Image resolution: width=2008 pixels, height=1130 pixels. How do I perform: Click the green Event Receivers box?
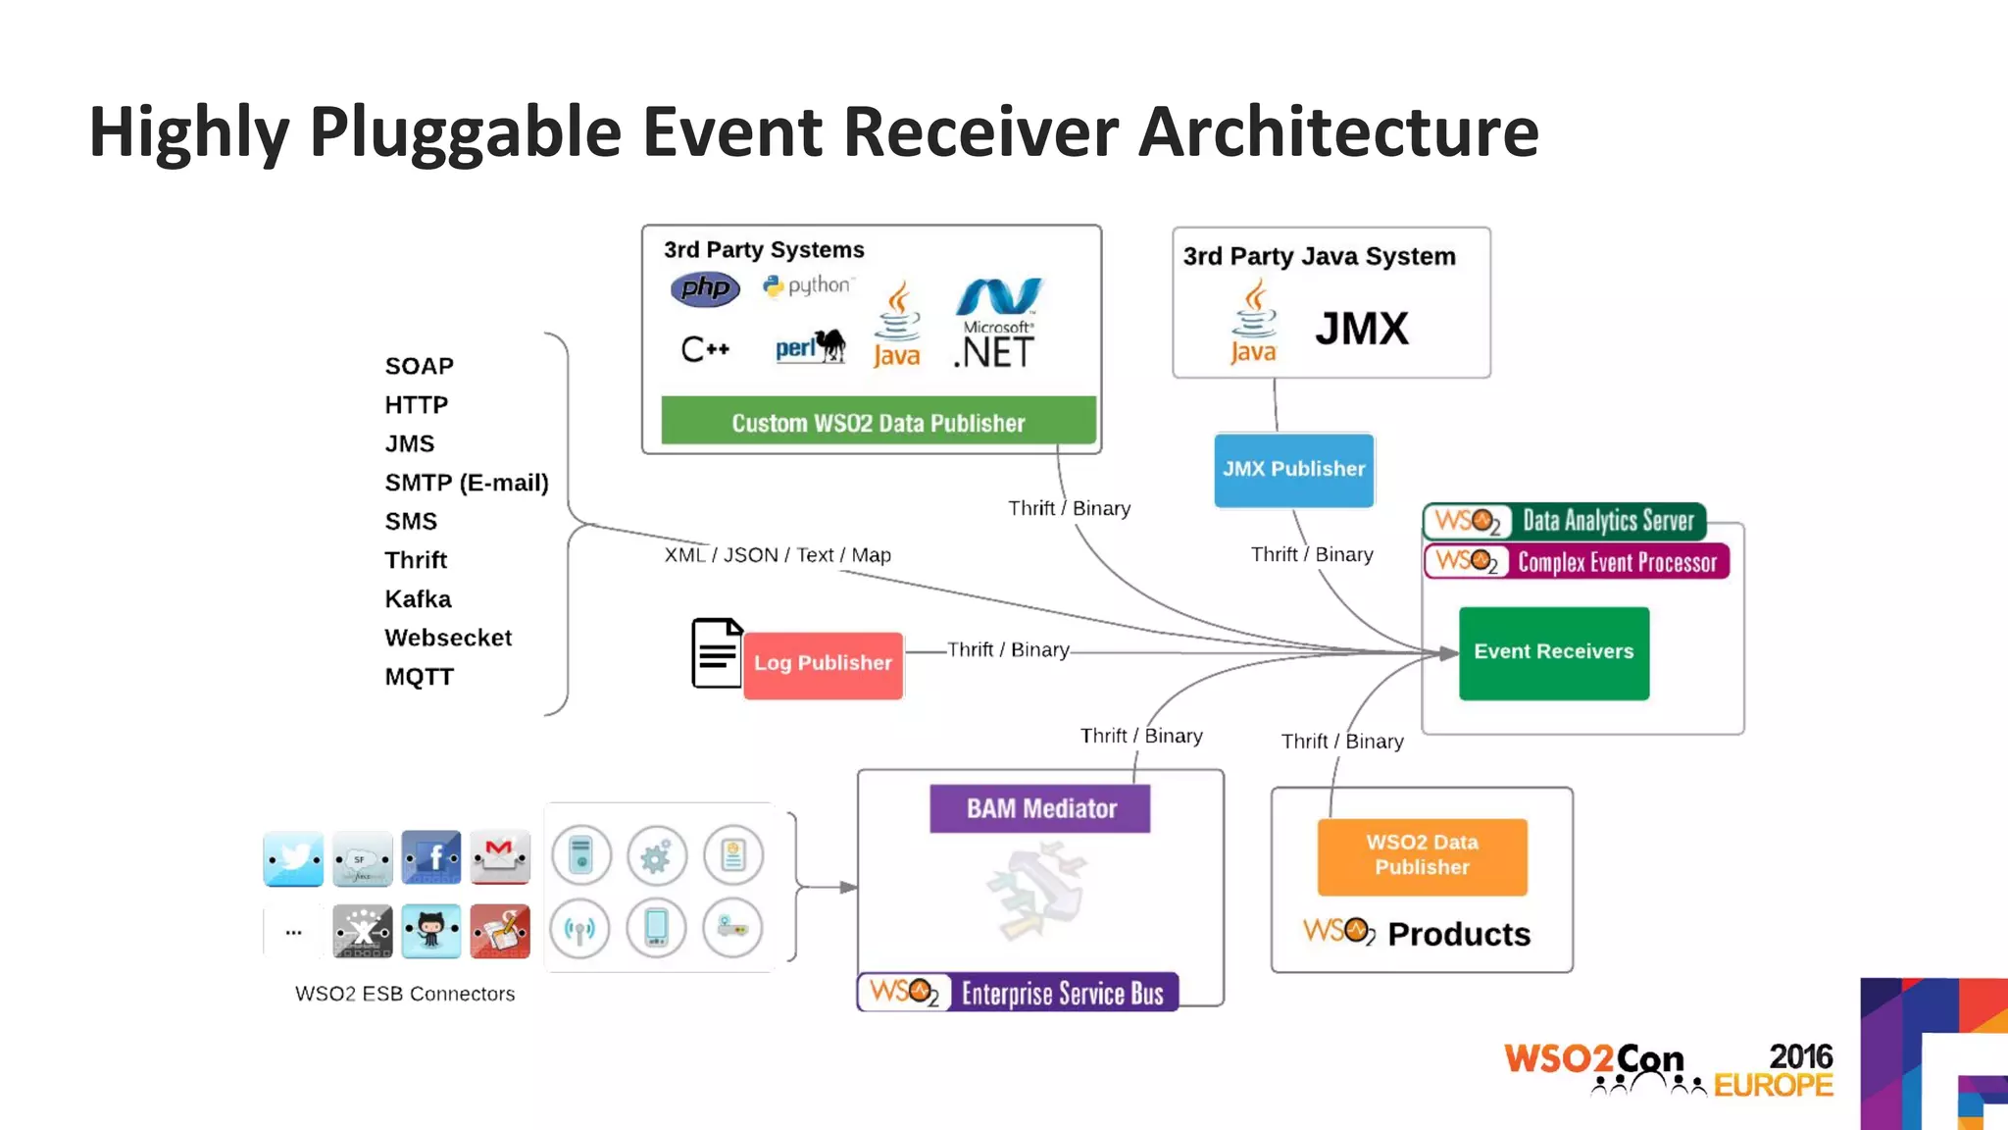pyautogui.click(x=1553, y=652)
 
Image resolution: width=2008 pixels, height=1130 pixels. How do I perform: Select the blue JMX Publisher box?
pyautogui.click(x=1293, y=470)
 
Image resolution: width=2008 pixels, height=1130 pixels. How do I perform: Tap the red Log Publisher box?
pyautogui.click(x=823, y=664)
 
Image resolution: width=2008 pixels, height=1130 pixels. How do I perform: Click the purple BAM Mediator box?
pyautogui.click(x=1040, y=808)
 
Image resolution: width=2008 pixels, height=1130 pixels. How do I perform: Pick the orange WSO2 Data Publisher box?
pyautogui.click(x=1422, y=855)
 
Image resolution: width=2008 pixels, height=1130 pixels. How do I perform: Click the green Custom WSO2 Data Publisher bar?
pyautogui.click(x=878, y=422)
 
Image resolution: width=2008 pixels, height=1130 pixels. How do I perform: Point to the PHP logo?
pyautogui.click(x=705, y=288)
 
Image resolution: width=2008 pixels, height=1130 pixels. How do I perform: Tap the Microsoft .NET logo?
pyautogui.click(x=997, y=324)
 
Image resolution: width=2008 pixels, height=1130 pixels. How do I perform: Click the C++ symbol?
pyautogui.click(x=705, y=349)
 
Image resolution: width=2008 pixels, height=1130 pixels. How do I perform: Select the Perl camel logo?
pyautogui.click(x=811, y=346)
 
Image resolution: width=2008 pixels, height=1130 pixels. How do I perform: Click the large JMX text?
pyautogui.click(x=1361, y=329)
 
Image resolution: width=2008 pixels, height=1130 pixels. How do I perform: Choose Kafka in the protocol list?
pyautogui.click(x=418, y=599)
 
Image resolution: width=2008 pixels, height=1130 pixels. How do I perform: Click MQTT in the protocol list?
pyautogui.click(x=419, y=677)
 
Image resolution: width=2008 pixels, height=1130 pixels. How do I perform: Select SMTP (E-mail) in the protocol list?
pyautogui.click(x=466, y=483)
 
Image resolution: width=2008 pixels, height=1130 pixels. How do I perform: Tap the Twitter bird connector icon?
pyautogui.click(x=293, y=858)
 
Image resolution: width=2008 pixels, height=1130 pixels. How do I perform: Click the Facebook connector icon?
pyautogui.click(x=431, y=858)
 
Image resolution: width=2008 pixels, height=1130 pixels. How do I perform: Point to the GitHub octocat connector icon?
pyautogui.click(x=431, y=930)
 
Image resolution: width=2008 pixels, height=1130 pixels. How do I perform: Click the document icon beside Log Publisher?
pyautogui.click(x=717, y=653)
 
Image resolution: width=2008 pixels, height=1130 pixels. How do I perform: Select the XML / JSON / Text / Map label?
pyautogui.click(x=778, y=555)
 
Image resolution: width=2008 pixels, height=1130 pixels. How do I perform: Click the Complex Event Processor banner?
pyautogui.click(x=1577, y=562)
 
